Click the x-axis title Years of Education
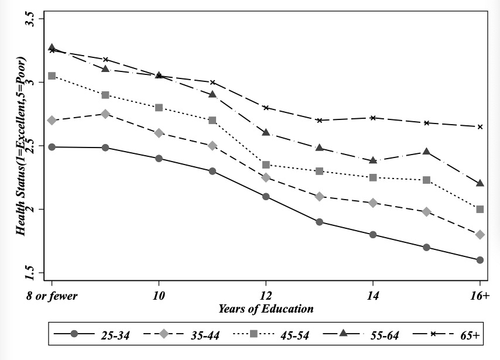pyautogui.click(x=266, y=308)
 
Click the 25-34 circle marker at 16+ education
pyautogui.click(x=480, y=260)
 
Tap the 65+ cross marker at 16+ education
pyautogui.click(x=480, y=126)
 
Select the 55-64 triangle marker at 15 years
pyautogui.click(x=426, y=152)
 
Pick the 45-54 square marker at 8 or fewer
pyautogui.click(x=52, y=76)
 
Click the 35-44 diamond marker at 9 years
pyautogui.click(x=105, y=114)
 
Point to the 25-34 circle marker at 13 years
pyautogui.click(x=319, y=222)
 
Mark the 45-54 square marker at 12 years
pyautogui.click(x=266, y=165)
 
